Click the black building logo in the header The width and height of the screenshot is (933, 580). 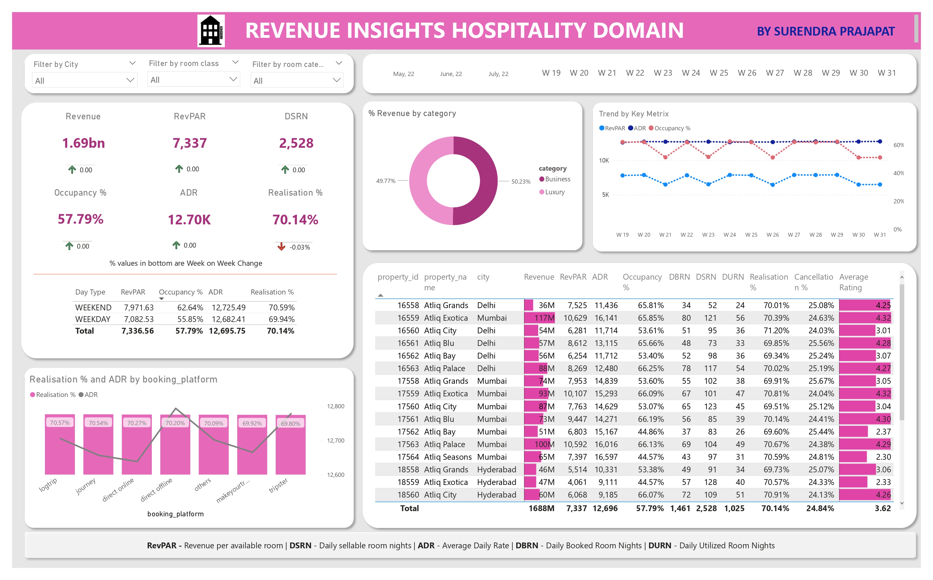coord(211,31)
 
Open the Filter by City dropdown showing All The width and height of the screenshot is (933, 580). coord(84,81)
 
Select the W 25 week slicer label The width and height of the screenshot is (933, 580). coord(719,73)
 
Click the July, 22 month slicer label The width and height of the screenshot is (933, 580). coord(498,74)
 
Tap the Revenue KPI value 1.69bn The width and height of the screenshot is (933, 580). coord(84,143)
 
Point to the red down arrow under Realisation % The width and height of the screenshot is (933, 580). coord(281,247)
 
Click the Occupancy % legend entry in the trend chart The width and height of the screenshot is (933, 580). coord(672,128)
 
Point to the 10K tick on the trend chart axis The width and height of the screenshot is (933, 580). coord(604,161)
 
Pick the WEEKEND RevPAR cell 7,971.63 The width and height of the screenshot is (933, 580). coord(138,308)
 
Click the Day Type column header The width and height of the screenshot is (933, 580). coord(90,292)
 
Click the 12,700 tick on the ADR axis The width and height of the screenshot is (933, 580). coord(335,440)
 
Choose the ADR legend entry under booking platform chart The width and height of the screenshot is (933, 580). coord(91,395)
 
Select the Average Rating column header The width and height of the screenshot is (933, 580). coord(853,282)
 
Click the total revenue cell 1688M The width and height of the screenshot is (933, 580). coord(541,508)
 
